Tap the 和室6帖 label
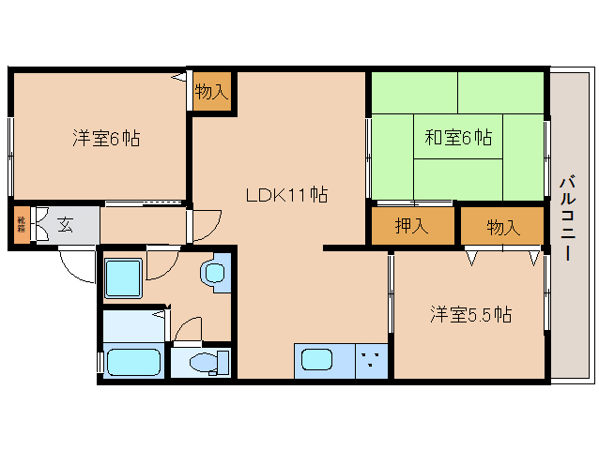click(x=458, y=138)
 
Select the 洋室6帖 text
click(x=107, y=139)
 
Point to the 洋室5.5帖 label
click(x=471, y=315)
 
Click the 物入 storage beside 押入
click(x=502, y=226)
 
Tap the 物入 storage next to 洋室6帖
click(x=212, y=92)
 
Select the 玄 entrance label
click(x=66, y=224)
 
